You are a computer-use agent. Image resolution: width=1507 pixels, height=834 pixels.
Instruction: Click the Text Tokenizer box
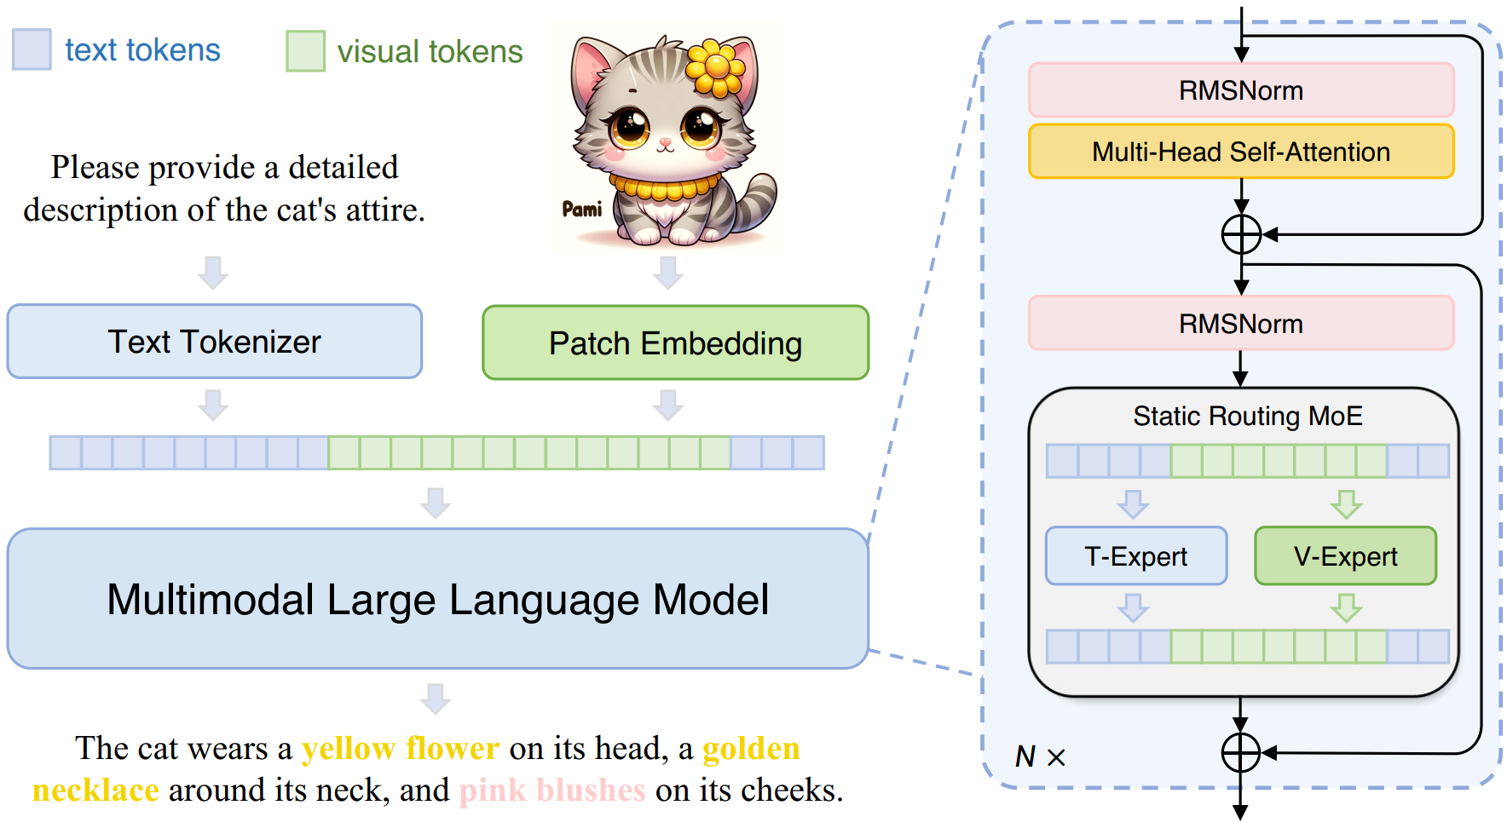tap(214, 342)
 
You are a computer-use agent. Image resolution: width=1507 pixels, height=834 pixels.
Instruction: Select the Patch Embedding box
tap(675, 343)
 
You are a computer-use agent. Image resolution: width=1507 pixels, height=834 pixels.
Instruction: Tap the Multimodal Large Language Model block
tap(437, 599)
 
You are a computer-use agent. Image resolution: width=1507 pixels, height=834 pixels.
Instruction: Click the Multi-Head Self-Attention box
tap(1240, 152)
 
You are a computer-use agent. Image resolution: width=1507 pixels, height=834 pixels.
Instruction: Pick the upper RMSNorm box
tap(1240, 90)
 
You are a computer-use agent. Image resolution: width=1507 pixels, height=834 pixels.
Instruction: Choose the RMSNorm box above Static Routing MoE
tap(1240, 324)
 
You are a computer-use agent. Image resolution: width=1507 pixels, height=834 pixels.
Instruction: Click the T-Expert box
tap(1135, 556)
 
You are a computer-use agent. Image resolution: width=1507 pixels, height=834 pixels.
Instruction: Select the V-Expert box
tap(1345, 556)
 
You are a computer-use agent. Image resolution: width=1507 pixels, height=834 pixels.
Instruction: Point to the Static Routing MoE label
tap(1247, 416)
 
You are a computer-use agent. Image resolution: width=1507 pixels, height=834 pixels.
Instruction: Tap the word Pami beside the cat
tap(582, 210)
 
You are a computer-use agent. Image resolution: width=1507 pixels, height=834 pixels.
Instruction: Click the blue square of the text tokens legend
tap(32, 49)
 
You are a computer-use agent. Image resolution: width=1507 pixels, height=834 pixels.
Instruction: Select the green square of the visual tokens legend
tap(305, 51)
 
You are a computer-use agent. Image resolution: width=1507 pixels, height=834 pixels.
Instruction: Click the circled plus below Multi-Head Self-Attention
tap(1241, 234)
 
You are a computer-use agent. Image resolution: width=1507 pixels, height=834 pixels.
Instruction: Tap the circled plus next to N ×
tap(1241, 753)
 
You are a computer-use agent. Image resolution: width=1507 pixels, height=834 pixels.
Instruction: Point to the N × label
tap(1039, 756)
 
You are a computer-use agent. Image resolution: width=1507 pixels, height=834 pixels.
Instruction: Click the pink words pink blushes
tap(552, 791)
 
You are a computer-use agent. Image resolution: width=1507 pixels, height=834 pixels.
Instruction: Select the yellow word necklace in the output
tap(95, 791)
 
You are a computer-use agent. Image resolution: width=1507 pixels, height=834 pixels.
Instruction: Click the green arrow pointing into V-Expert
tap(1346, 504)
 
